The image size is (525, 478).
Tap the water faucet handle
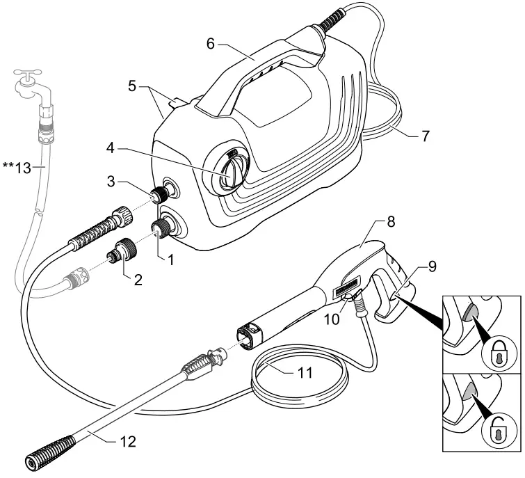tap(30, 71)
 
